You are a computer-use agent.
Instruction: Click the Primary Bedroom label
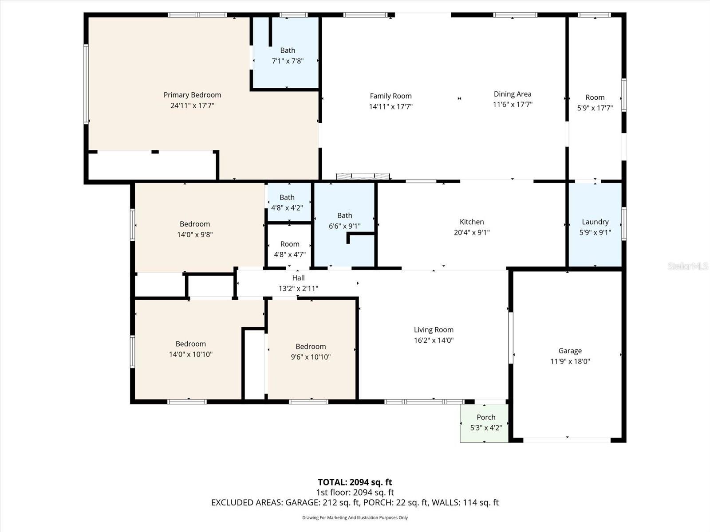192,95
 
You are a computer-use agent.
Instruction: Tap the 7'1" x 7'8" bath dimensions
288,61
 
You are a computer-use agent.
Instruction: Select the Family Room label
390,96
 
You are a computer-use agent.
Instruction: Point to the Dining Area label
513,94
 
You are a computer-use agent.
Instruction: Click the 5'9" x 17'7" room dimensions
595,108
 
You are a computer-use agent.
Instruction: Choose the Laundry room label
595,222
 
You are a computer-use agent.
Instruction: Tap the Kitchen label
472,222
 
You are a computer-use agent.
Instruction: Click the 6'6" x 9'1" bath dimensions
344,226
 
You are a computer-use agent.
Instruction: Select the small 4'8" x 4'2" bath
287,203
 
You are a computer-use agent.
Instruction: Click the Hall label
298,278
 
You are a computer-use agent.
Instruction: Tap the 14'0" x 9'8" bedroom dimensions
195,235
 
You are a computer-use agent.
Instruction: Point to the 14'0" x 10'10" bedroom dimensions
190,354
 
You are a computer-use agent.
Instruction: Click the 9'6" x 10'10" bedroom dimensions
311,357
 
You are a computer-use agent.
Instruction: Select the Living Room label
434,330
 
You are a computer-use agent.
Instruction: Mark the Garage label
570,351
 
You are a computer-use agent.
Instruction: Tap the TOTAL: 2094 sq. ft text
355,482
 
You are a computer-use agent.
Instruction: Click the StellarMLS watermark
687,266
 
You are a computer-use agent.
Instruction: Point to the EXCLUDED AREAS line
355,502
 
